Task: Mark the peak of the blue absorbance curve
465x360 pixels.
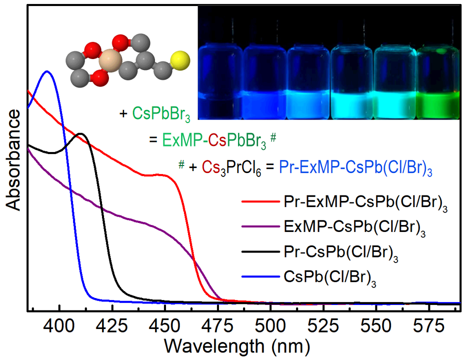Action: tap(47, 71)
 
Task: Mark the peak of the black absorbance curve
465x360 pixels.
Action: tap(80, 134)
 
